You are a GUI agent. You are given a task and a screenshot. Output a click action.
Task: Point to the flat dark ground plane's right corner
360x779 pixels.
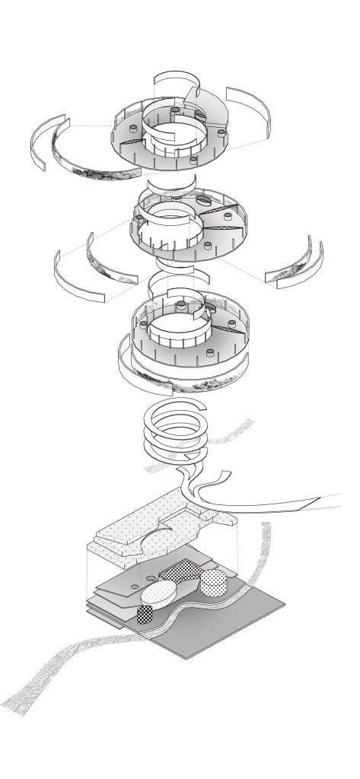coord(283,606)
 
